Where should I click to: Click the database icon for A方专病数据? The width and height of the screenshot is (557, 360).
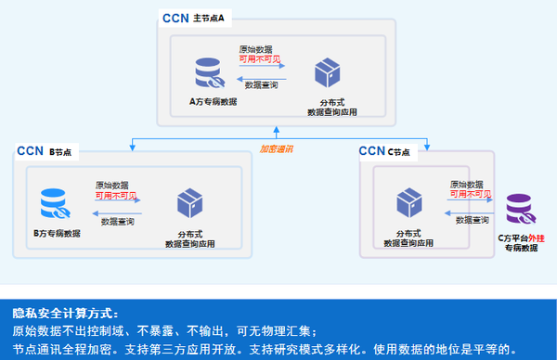pyautogui.click(x=209, y=72)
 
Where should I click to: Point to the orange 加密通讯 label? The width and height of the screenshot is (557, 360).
pyautogui.click(x=276, y=148)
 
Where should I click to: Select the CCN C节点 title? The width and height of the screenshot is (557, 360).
pyautogui.click(x=384, y=151)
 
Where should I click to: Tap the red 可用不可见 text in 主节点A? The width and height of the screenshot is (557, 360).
pyautogui.click(x=261, y=59)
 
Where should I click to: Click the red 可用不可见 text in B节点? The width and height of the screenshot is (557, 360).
pyautogui.click(x=118, y=196)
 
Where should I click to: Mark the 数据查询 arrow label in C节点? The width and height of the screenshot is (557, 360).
pyautogui.click(x=472, y=220)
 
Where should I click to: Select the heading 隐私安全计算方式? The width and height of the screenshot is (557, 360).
pyautogui.click(x=65, y=313)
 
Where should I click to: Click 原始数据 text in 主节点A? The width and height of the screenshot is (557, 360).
pyautogui.click(x=257, y=48)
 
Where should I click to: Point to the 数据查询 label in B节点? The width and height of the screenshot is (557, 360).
pyautogui.click(x=118, y=221)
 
